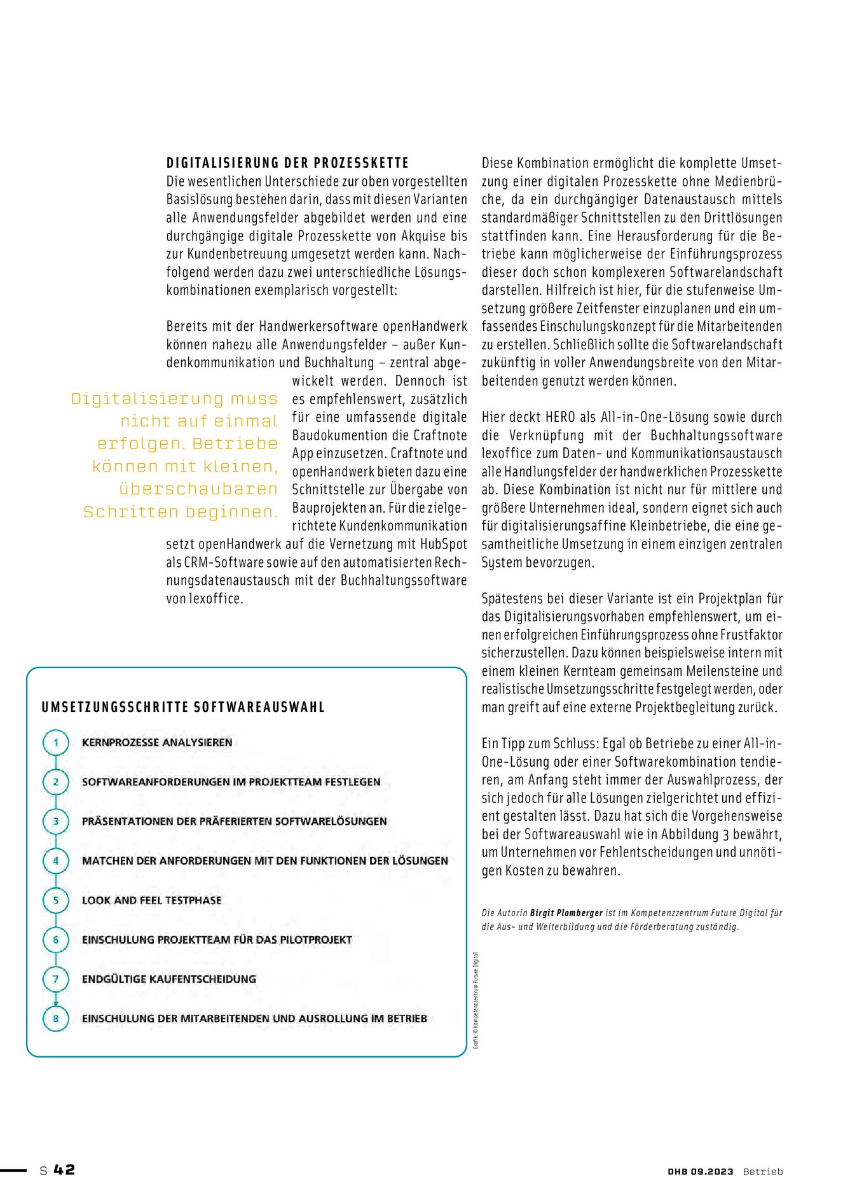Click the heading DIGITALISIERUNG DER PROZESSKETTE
click(x=287, y=163)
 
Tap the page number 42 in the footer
click(x=64, y=1169)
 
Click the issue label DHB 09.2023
click(x=700, y=1171)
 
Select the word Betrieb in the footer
click(x=763, y=1171)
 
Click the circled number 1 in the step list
click(x=56, y=743)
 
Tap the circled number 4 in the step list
click(x=56, y=861)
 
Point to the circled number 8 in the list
click(x=56, y=1019)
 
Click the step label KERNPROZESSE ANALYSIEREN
click(x=157, y=743)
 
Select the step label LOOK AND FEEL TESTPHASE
click(x=152, y=900)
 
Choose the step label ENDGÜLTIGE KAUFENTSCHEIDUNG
click(x=169, y=979)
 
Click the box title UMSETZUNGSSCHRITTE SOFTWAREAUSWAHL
click(x=183, y=708)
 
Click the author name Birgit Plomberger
click(x=566, y=913)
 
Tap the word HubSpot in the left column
click(x=443, y=545)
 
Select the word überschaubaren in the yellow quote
click(x=198, y=489)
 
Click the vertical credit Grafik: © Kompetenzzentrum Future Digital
click(x=476, y=1000)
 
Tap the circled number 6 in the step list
click(x=56, y=940)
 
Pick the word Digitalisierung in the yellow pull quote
click(x=147, y=399)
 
